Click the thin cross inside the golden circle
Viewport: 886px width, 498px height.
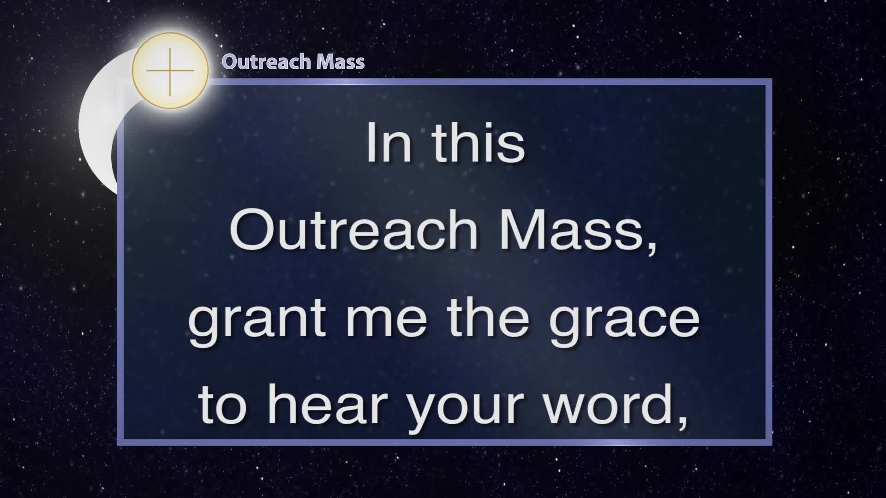pos(170,71)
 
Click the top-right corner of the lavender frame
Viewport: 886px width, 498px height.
pos(772,79)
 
